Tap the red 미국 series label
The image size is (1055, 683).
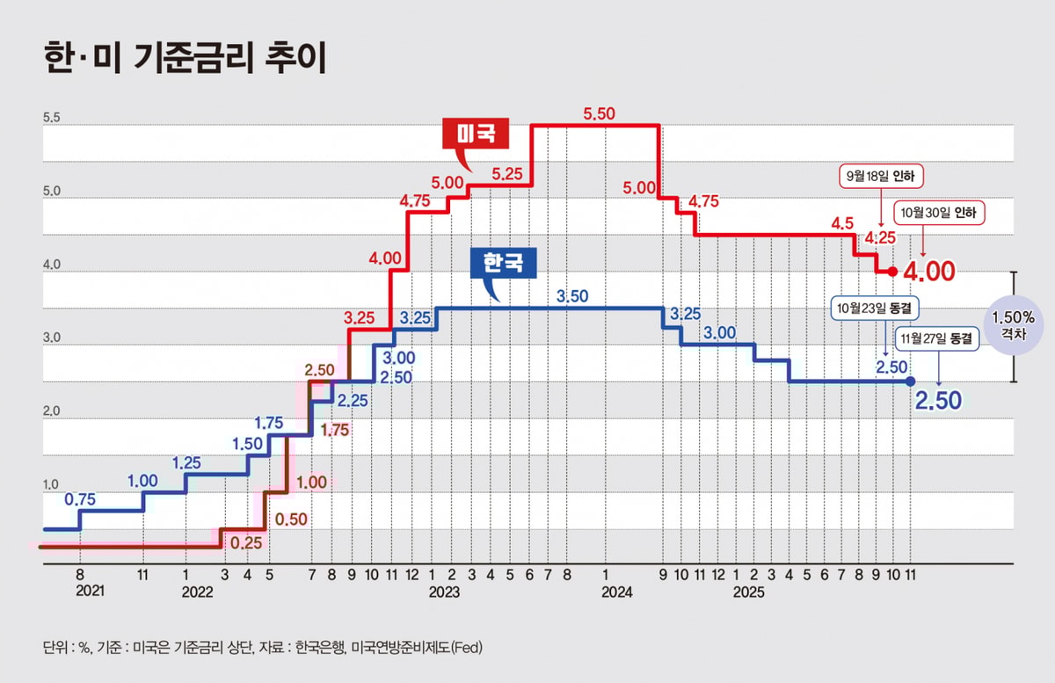coord(477,134)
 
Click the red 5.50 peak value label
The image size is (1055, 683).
coord(600,114)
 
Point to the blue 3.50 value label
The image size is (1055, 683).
coord(571,297)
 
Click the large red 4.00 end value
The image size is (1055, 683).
coord(928,272)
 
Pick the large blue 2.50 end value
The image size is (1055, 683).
coord(938,401)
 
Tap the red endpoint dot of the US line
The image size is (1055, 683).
coord(893,272)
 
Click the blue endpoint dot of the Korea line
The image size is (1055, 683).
coord(910,381)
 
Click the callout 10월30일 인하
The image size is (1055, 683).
coord(940,213)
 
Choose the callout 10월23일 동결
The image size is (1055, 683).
coord(876,309)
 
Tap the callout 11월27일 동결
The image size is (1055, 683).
coord(938,338)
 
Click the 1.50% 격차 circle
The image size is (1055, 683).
coord(1013,326)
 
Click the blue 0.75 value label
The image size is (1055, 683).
coord(81,499)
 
